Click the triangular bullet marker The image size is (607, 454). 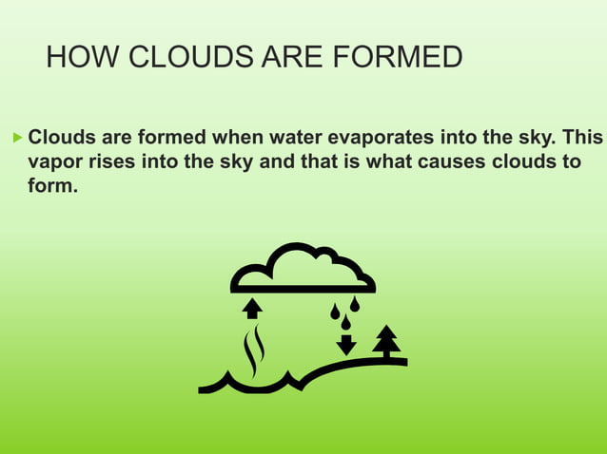(14, 139)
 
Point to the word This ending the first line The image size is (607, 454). (582, 139)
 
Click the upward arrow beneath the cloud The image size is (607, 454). (252, 308)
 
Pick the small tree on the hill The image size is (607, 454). (386, 340)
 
